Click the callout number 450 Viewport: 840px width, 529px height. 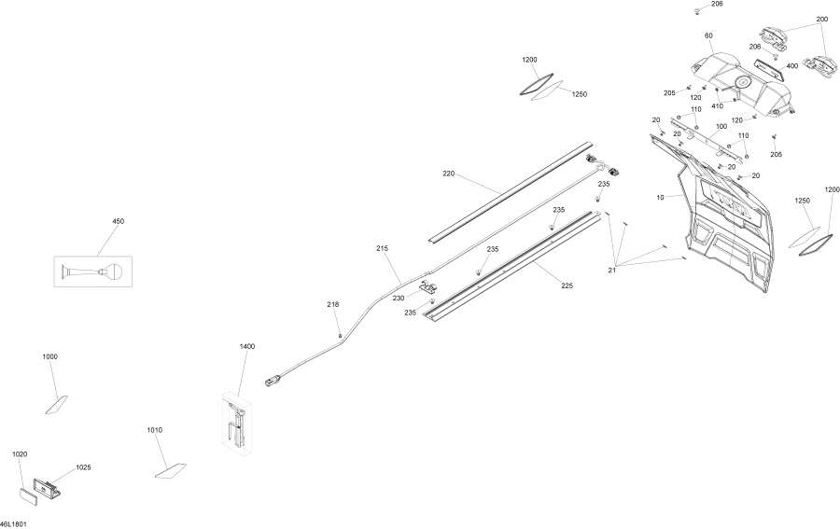pos(118,221)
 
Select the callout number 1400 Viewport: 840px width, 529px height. pos(247,346)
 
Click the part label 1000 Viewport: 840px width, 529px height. pos(49,356)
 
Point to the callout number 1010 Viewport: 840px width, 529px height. pos(154,430)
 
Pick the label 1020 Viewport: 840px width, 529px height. pos(20,454)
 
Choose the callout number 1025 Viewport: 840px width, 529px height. pos(83,467)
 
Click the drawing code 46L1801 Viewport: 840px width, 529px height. pos(13,523)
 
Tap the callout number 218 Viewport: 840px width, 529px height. pos(332,304)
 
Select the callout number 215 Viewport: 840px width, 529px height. pos(382,248)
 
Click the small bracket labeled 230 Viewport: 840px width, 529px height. pos(429,287)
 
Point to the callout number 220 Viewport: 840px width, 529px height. pos(448,174)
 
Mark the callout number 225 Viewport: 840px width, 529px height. pos(567,285)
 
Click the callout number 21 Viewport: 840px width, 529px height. pos(611,271)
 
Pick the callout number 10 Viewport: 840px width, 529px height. pos(660,198)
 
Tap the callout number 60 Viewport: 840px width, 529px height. pos(708,35)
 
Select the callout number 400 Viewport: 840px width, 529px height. pos(791,66)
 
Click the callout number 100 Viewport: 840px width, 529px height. pos(721,126)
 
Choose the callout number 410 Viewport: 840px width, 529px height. pos(717,106)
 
